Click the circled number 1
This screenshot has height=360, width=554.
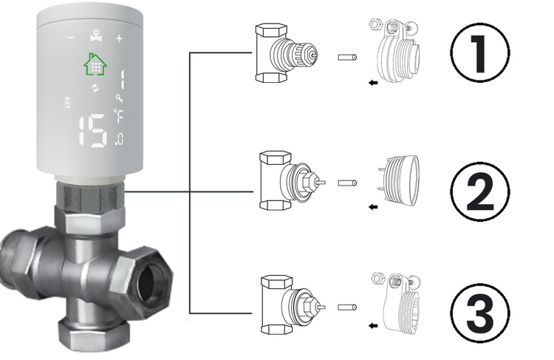[x=481, y=57]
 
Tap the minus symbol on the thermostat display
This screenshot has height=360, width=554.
[x=70, y=37]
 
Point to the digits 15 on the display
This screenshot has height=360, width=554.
[x=92, y=131]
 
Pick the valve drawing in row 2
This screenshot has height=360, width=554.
[x=284, y=180]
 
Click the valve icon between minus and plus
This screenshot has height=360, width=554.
[x=95, y=35]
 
